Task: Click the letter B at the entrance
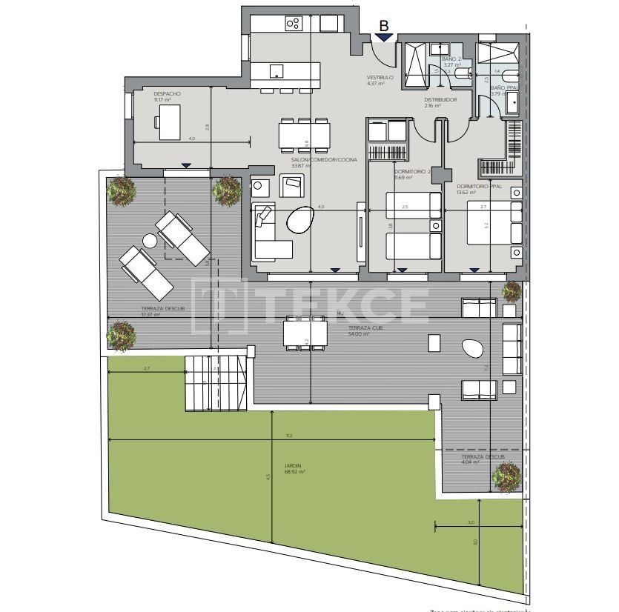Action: [383, 26]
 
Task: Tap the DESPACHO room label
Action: [167, 94]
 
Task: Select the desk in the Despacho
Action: [170, 122]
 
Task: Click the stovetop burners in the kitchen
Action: [293, 24]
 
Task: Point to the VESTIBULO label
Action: [380, 77]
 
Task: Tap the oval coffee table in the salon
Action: [300, 219]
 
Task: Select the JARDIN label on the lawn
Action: [293, 466]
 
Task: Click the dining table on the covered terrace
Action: [305, 332]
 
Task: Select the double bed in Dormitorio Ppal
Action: [493, 222]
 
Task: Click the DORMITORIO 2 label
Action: [412, 172]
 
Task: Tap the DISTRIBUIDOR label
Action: [440, 99]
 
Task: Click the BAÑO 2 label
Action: [451, 59]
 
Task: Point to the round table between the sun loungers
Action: [150, 241]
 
